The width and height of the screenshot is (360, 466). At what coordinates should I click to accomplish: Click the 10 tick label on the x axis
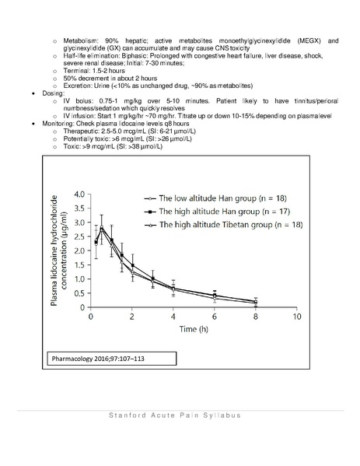click(295, 318)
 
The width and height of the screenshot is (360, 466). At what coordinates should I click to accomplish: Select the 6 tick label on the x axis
click(214, 318)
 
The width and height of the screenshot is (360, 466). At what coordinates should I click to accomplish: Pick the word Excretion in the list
click(75, 84)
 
